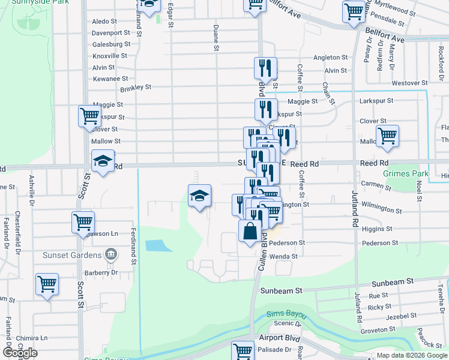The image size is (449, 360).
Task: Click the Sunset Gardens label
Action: pos(71,255)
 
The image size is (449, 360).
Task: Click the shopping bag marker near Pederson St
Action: pos(250,230)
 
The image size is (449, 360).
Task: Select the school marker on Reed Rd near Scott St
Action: pos(103,161)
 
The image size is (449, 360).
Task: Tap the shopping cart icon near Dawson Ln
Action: pos(83,221)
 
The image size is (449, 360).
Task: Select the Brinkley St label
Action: pos(136,88)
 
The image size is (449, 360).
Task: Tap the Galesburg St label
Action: pos(111,44)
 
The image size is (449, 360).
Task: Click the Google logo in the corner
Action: pos(20,353)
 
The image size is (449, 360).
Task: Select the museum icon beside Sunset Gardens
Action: pos(110,255)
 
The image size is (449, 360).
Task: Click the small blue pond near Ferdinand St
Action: pos(155,245)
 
